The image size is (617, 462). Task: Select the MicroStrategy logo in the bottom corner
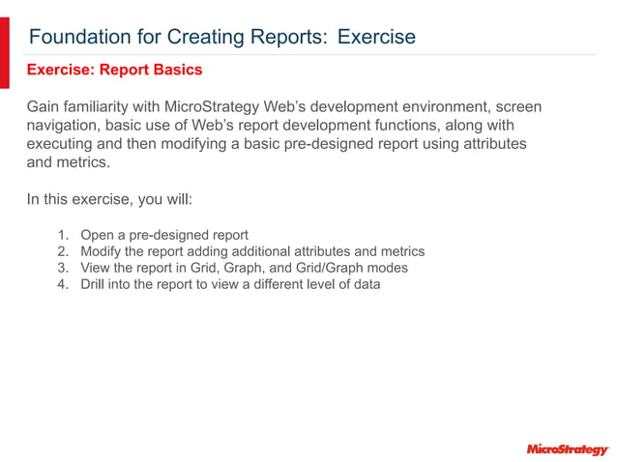568,449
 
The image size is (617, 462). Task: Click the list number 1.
62,235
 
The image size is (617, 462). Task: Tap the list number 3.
62,268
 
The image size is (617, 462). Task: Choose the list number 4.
62,284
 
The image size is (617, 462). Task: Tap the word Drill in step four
94,284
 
